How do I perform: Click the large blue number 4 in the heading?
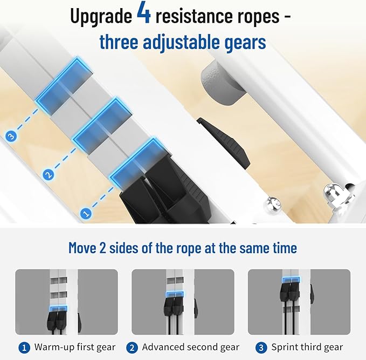[144, 14]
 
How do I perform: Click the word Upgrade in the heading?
[101, 16]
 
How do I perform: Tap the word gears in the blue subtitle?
[245, 42]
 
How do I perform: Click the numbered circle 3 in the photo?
[11, 136]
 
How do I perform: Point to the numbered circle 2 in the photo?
[49, 175]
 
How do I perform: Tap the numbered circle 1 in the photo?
[86, 213]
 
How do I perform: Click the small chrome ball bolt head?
[272, 205]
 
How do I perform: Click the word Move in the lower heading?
[82, 248]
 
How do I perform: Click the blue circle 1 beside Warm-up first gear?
[24, 348]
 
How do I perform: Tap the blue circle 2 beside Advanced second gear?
[132, 348]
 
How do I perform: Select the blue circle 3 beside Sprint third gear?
[261, 348]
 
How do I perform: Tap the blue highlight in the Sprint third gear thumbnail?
[291, 280]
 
